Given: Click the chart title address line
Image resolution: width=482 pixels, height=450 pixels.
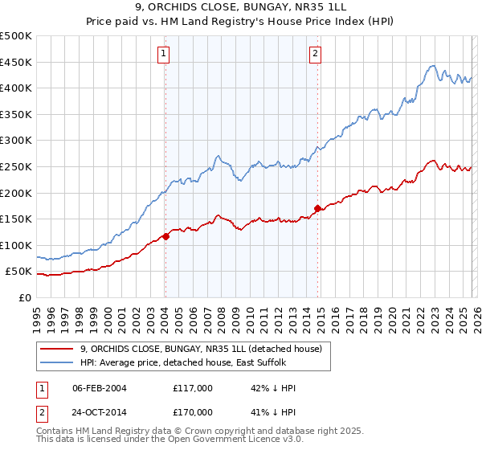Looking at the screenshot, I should pos(241,9).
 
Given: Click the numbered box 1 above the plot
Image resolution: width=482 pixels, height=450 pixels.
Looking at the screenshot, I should pos(164,54).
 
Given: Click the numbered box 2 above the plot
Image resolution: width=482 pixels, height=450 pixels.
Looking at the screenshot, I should pos(315,54).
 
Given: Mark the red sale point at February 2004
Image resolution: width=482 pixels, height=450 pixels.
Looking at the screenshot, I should pos(165,236).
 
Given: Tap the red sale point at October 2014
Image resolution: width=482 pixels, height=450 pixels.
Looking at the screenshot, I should pos(318,208).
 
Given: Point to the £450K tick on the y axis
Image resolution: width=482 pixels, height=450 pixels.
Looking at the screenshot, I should pos(16,62).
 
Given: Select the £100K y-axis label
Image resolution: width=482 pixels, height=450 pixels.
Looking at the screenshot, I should pos(16,245).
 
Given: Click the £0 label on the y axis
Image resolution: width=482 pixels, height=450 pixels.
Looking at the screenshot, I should pos(24,297).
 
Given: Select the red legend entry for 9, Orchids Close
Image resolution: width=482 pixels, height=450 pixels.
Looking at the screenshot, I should pos(201,349).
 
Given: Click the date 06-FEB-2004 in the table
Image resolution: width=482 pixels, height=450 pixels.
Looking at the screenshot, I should pos(100,388).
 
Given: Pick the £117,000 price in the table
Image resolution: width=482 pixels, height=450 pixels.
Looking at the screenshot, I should pos(192,388).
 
